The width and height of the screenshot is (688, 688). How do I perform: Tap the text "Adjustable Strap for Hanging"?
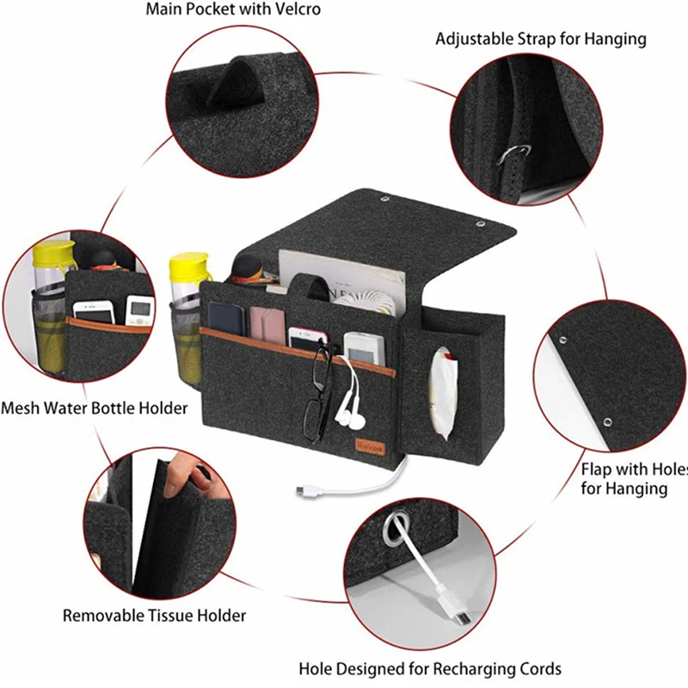coord(541,39)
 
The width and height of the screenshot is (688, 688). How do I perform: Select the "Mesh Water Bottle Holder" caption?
coord(95,408)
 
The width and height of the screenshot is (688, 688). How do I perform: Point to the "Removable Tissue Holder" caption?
coord(155,615)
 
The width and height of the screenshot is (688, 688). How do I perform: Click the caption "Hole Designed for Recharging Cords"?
coord(430,668)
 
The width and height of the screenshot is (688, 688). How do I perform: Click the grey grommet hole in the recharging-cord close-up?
coord(396,527)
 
